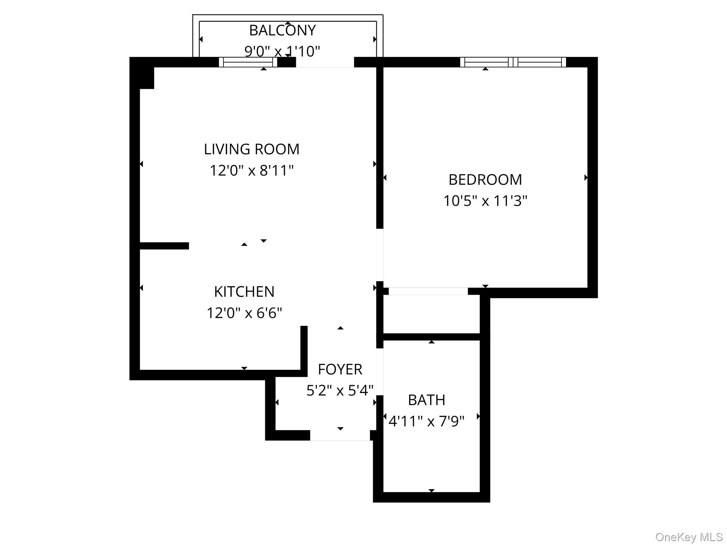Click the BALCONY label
point(282,31)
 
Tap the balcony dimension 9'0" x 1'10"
point(282,51)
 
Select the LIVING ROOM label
point(251,149)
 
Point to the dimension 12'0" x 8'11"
point(251,171)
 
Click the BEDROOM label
point(485,180)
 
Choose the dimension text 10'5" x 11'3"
point(485,201)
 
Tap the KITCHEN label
point(244,292)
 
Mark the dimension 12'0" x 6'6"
point(244,313)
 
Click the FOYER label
point(340,370)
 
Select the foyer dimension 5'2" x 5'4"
point(340,391)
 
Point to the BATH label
point(427,400)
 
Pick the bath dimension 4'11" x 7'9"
point(427,421)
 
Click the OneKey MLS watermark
point(689,537)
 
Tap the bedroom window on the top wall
point(513,62)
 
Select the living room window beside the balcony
point(248,62)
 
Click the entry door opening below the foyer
point(340,435)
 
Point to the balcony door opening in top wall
point(325,62)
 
